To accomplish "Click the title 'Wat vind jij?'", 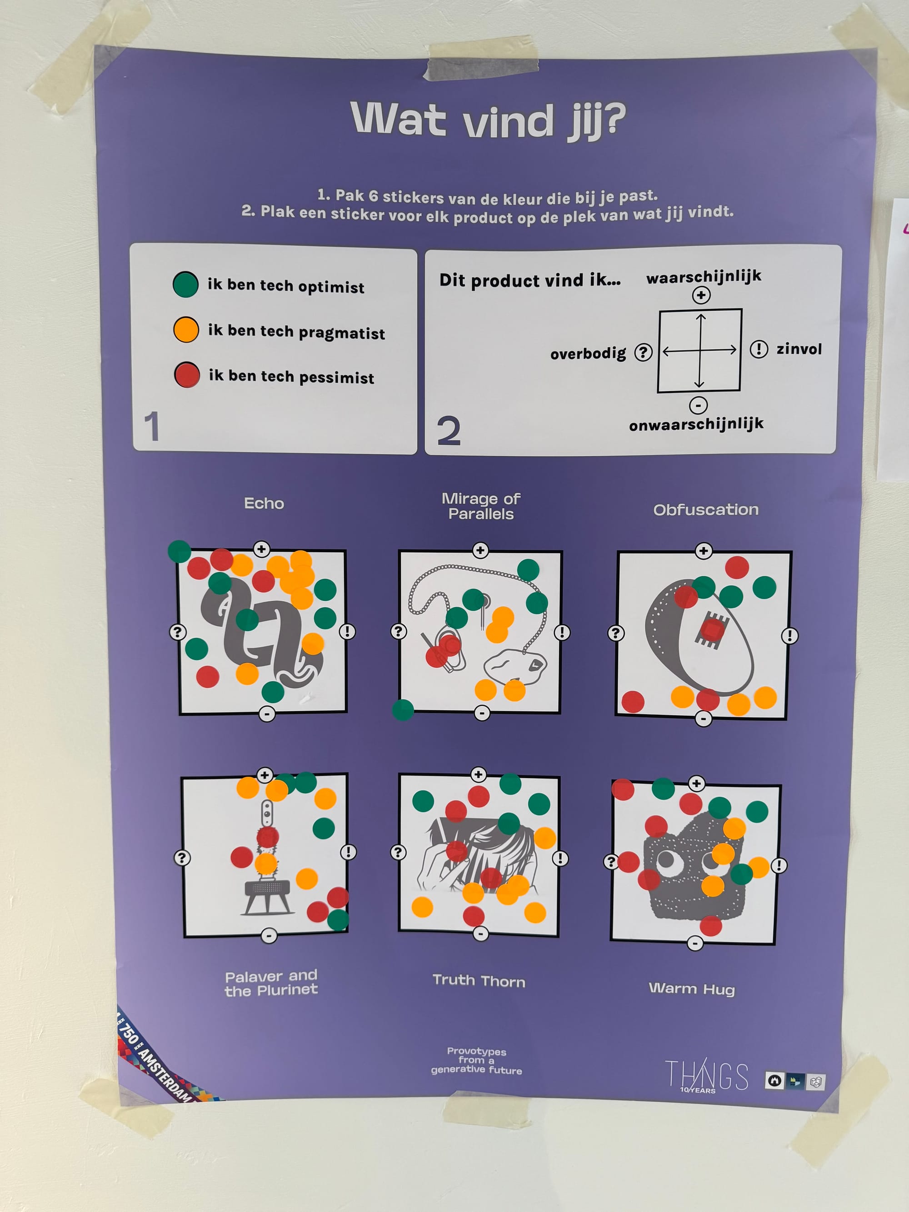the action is (488, 120).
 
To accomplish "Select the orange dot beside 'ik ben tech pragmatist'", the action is (186, 330).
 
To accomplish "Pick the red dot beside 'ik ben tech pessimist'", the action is (187, 375).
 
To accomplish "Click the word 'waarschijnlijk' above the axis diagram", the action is (704, 277).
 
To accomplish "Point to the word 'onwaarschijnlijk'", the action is (696, 424).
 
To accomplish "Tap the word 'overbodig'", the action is (588, 354).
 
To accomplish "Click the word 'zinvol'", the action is (799, 349).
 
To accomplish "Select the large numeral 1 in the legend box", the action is (152, 426).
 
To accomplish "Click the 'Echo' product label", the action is (264, 504).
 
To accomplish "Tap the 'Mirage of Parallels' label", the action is (481, 506).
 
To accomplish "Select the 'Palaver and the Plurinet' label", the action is (271, 983).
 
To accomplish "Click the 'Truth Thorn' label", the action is (479, 981).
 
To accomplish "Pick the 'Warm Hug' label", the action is (691, 988).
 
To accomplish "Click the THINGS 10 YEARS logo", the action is (706, 1076).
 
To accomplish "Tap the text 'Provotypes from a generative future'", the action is (476, 1060).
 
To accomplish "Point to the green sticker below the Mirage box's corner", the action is (403, 710).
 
